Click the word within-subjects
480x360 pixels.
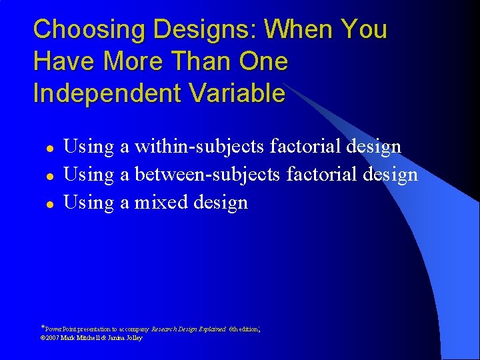coord(203,146)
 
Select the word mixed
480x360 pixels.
coord(161,202)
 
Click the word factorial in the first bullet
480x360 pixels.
coord(313,146)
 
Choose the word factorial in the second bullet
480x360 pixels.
coord(323,174)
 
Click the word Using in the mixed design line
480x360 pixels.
coord(89,202)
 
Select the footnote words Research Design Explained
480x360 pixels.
coord(189,329)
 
